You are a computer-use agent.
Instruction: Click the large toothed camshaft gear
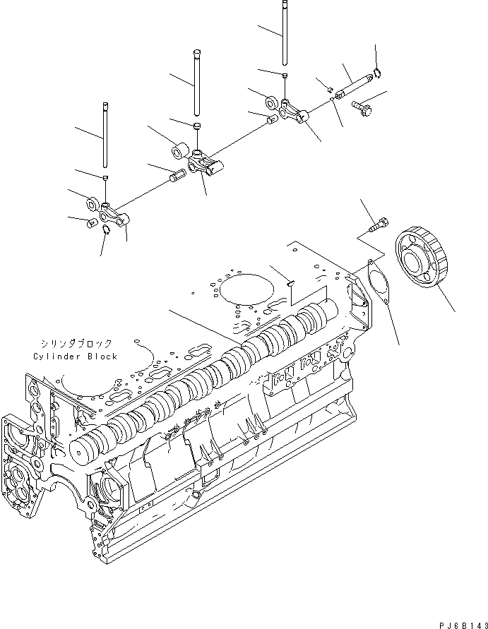[422, 258]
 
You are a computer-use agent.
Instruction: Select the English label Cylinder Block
[76, 357]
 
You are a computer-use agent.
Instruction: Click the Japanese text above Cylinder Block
[76, 344]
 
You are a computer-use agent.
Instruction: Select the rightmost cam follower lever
[293, 112]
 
